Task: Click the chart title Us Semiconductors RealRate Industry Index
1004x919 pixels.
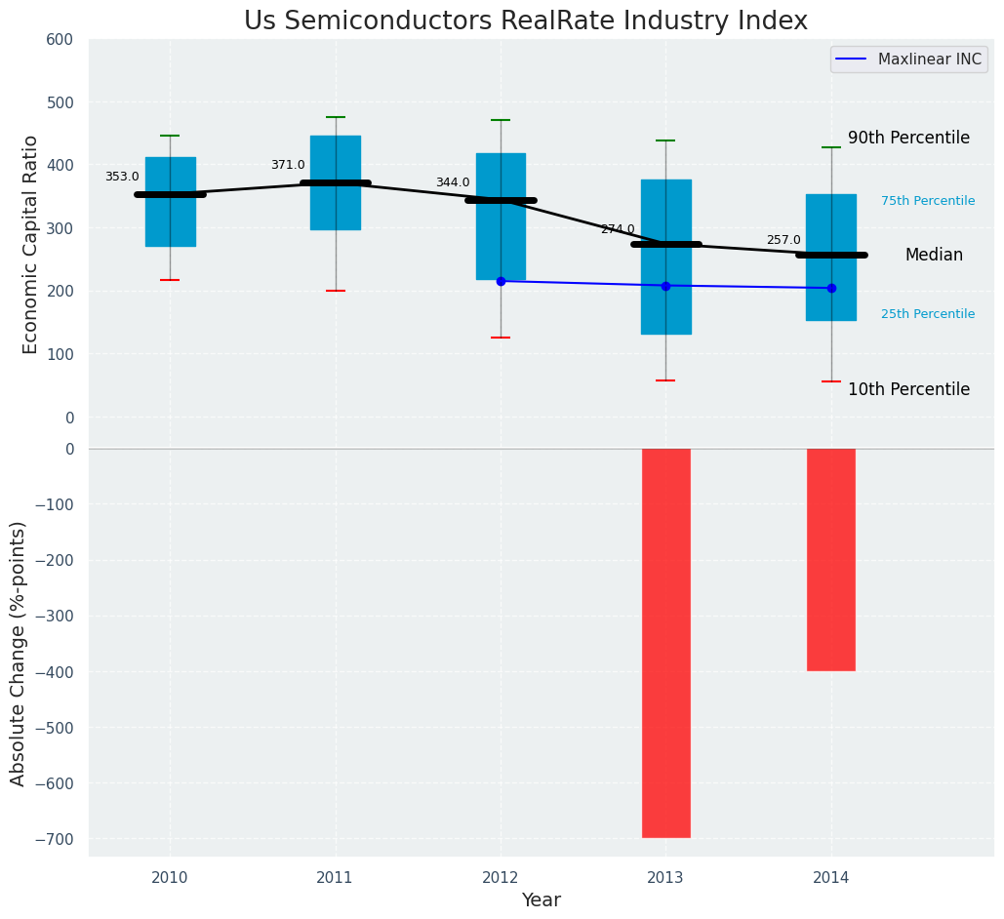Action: (526, 21)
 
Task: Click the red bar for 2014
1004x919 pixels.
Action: (831, 559)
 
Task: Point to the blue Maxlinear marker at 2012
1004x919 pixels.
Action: (501, 281)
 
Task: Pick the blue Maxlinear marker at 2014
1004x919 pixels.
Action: (831, 288)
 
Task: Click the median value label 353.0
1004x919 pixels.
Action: (122, 177)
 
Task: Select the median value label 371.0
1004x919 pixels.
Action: (288, 165)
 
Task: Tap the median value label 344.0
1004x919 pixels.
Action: (453, 182)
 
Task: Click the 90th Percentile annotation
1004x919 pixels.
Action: (908, 139)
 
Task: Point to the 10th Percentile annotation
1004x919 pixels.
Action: (908, 389)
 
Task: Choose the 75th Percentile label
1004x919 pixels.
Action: (928, 201)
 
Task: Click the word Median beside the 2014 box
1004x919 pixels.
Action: (934, 256)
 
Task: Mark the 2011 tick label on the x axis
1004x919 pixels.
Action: (336, 878)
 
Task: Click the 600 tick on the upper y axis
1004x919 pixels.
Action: (60, 40)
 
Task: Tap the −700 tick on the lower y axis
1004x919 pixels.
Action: (54, 839)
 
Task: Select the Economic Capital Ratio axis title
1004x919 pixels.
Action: (31, 244)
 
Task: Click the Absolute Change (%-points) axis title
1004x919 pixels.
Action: (19, 653)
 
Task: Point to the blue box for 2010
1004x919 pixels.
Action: (170, 224)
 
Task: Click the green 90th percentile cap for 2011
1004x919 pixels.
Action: (336, 117)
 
